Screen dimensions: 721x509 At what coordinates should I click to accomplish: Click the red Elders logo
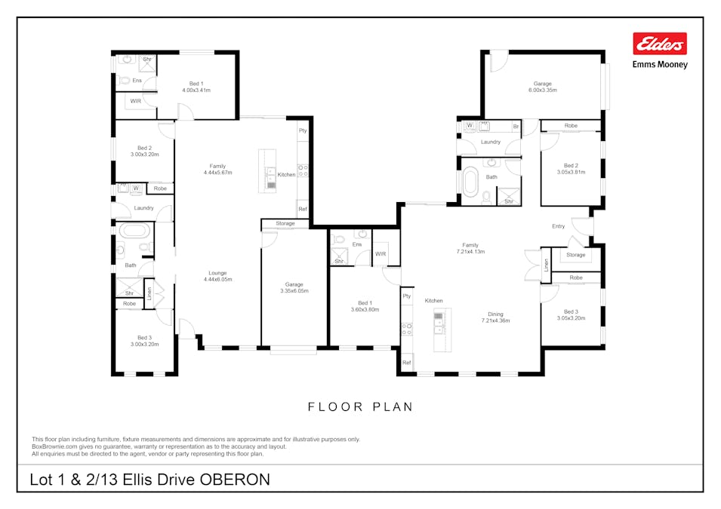660,44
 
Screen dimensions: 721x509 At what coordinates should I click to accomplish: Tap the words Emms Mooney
660,65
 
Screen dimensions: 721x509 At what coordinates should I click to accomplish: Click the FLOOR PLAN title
361,407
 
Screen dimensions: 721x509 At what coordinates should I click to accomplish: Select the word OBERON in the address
235,480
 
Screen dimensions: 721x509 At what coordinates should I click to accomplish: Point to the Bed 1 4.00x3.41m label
196,87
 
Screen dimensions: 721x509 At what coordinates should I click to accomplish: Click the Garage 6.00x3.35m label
543,87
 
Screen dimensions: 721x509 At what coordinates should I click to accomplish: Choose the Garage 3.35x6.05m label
294,287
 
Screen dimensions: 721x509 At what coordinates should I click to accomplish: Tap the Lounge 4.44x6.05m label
217,276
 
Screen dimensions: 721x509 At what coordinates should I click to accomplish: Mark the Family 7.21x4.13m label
470,249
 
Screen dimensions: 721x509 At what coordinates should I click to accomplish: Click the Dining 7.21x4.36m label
496,317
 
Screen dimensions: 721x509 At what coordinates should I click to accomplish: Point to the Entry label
558,226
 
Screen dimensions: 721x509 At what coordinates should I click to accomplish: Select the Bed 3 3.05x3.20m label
571,314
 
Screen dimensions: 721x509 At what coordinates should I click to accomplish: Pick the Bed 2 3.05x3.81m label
571,169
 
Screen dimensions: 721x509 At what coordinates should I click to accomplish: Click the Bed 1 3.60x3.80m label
365,306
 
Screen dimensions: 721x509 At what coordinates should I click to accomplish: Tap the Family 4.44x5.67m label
217,170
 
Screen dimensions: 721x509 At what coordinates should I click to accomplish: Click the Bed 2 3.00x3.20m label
144,151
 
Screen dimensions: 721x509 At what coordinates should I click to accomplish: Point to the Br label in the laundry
516,127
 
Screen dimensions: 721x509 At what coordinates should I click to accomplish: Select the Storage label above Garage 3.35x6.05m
285,224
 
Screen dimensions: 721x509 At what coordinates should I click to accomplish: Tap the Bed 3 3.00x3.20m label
144,341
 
